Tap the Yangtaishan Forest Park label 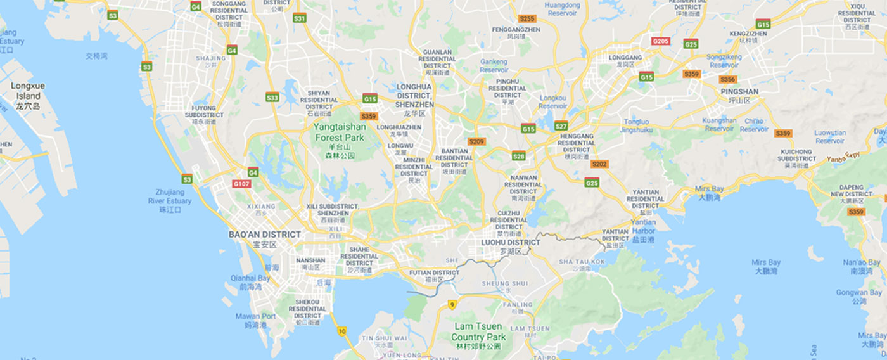point(338,132)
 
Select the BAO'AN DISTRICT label point(265,235)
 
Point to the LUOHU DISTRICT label point(511,242)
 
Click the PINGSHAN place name point(739,91)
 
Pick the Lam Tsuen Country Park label point(478,331)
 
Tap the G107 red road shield point(241,184)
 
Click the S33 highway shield point(272,98)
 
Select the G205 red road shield point(661,41)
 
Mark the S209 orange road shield point(476,141)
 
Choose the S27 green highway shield point(561,126)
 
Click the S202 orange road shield point(599,164)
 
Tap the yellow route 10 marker point(342,331)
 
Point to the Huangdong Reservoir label point(563,9)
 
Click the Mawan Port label point(255,316)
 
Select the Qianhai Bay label point(250,278)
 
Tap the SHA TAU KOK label point(582,261)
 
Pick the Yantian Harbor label point(643,226)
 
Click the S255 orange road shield point(527,19)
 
